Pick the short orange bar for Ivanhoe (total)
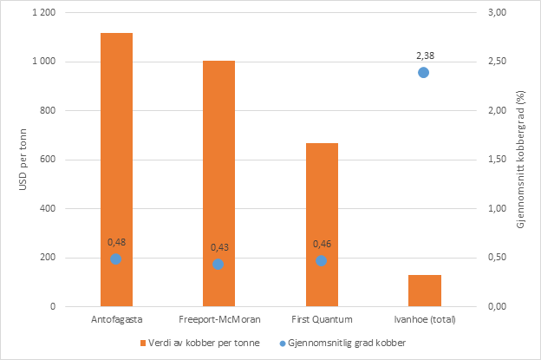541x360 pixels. point(423,291)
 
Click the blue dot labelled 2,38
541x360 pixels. point(423,73)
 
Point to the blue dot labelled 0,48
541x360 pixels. point(115,259)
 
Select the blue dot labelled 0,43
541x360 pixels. point(218,264)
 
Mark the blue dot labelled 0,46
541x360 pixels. point(321,260)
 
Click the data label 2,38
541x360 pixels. point(423,55)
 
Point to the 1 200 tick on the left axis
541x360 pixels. point(42,13)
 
